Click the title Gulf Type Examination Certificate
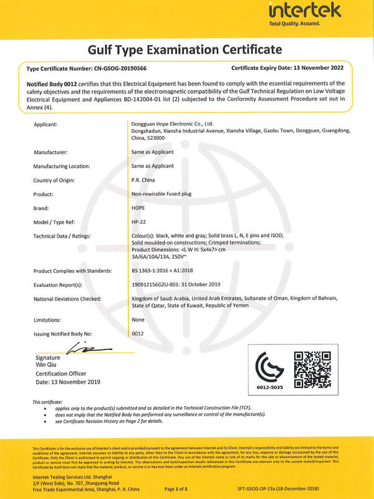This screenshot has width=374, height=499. [185, 49]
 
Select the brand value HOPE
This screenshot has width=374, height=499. [138, 208]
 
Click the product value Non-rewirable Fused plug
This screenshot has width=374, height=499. [162, 194]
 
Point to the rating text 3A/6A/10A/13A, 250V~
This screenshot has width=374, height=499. [160, 256]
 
